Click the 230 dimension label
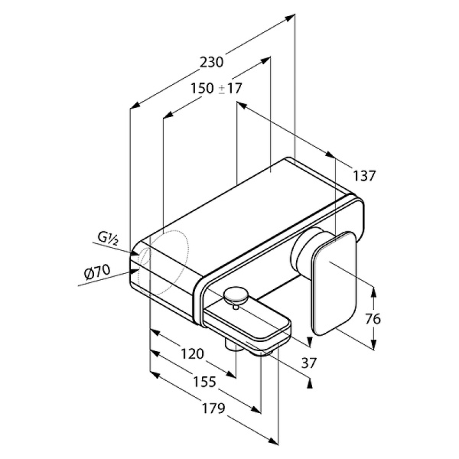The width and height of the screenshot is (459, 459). pos(211,63)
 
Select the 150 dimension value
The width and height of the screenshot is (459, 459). pos(202,88)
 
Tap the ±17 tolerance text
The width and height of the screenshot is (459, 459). pos(230,88)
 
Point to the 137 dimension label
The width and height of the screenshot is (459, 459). pos(364,176)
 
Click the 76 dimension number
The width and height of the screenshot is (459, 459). pos(373,319)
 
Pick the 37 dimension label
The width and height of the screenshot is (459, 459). pos(309,363)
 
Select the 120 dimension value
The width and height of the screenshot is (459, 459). pos(192,354)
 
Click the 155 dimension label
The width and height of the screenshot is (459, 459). pos(204,382)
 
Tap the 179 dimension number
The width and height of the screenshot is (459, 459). pos(213,409)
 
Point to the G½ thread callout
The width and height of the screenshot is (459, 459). pos(108,239)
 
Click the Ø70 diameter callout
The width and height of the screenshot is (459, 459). pos(97,272)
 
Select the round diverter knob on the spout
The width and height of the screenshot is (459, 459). pos(236,296)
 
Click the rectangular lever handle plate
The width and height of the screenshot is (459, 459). pos(335,283)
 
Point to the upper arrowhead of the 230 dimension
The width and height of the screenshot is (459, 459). pos(289,18)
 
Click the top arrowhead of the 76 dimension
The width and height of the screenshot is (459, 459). pos(373,291)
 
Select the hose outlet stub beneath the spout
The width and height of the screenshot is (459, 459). pos(231,344)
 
